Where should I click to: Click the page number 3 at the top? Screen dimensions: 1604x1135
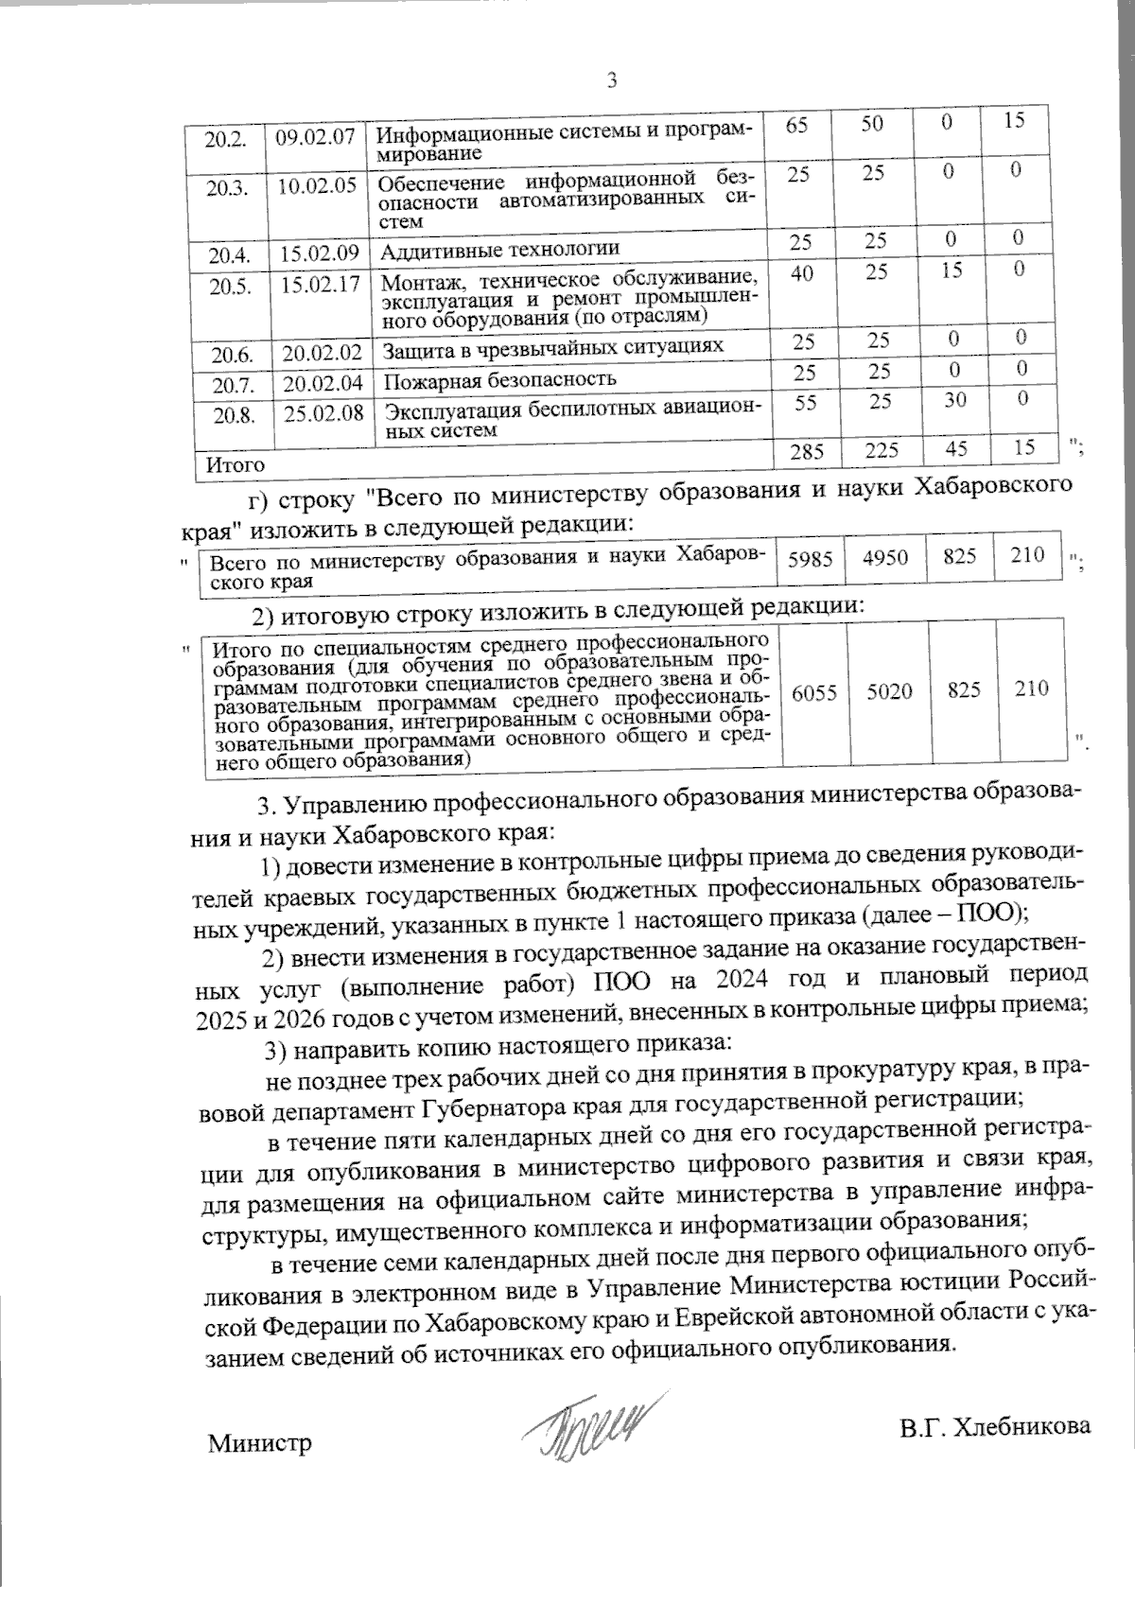(x=611, y=81)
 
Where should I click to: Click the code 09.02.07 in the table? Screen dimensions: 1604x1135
(x=315, y=135)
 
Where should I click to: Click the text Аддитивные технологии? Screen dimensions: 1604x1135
(x=500, y=249)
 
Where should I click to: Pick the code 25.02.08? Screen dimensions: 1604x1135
(x=323, y=412)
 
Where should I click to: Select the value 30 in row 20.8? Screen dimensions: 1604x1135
(x=954, y=400)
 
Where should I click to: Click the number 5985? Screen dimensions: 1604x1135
(x=809, y=559)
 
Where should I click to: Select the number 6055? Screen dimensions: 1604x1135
(x=813, y=691)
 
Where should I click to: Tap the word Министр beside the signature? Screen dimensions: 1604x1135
(x=260, y=1444)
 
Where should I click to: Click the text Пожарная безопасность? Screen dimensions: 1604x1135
(x=499, y=379)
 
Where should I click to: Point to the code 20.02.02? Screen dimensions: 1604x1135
(x=323, y=352)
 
